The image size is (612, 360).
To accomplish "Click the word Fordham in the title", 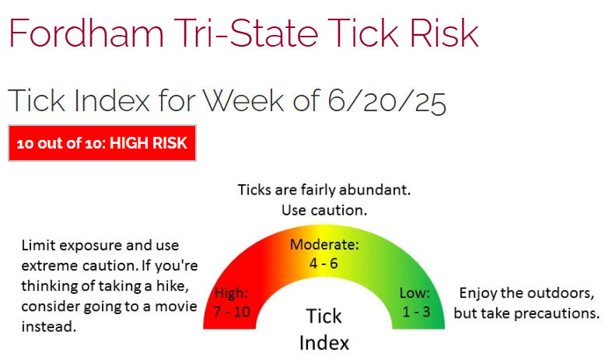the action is (86, 33).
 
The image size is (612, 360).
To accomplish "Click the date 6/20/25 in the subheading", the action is (386, 102).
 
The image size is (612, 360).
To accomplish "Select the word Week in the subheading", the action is (243, 101).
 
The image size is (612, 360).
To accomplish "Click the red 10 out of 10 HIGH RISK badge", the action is (102, 143).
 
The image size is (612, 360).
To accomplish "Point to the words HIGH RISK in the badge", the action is (149, 143).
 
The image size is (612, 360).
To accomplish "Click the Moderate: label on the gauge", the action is (324, 245).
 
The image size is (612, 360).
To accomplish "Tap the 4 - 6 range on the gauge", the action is (323, 264).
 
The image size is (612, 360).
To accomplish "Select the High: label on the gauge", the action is (232, 293).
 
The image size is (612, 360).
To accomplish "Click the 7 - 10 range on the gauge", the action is (232, 312).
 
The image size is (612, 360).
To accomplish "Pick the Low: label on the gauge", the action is (414, 293).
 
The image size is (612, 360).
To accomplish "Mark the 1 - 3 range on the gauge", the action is (416, 312).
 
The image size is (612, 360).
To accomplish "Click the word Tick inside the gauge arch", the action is (324, 316).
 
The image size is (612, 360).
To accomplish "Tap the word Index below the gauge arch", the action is (324, 343).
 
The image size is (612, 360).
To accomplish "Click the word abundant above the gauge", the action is (375, 190).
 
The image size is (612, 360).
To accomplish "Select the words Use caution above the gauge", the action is (324, 211).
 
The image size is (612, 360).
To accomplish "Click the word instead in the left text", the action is (49, 327).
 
